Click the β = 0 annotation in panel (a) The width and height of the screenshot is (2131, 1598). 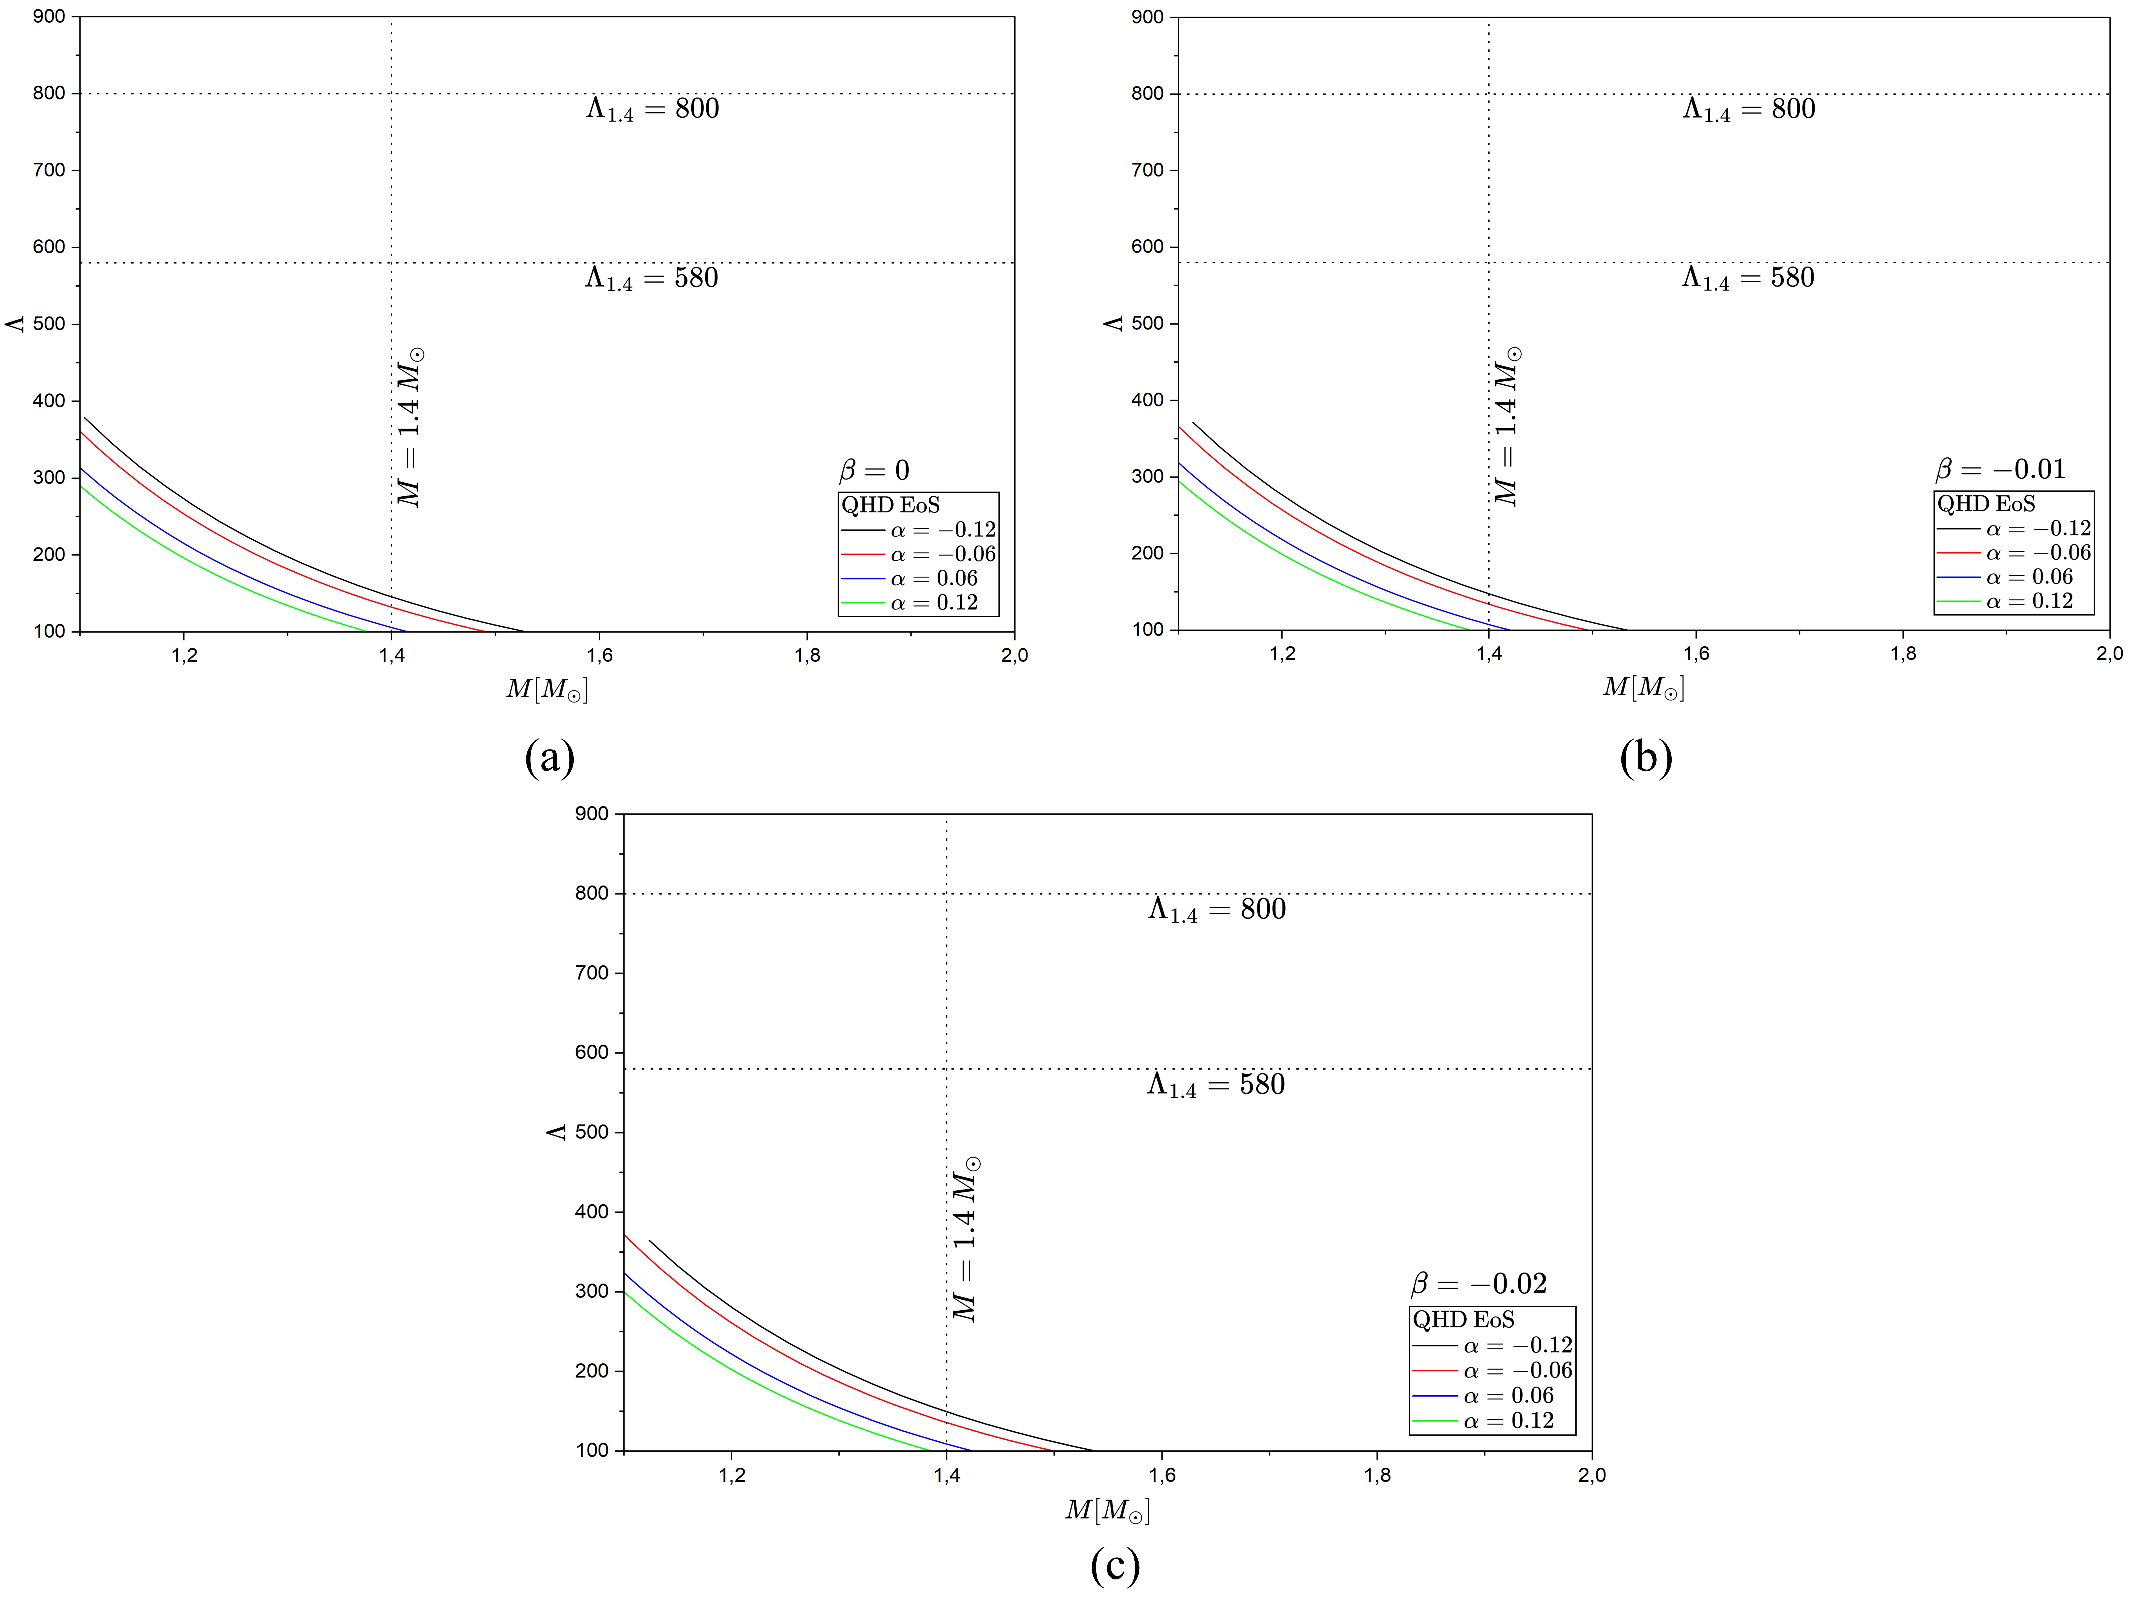[x=874, y=470]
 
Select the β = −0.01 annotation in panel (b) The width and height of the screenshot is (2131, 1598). [x=2000, y=469]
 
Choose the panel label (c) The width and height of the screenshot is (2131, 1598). [x=1115, y=1565]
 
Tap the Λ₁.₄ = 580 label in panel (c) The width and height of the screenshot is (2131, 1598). [x=1216, y=1085]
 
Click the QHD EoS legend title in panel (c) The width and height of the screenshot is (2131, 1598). [x=1463, y=1320]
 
